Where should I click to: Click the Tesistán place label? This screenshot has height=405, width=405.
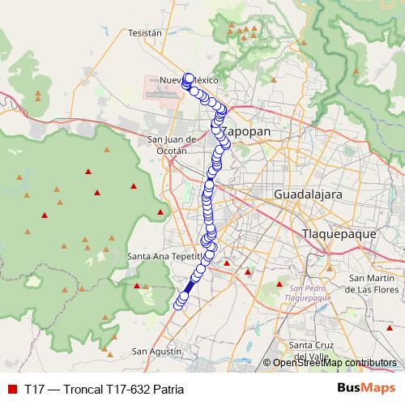click(x=146, y=33)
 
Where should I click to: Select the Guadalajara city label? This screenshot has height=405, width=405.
click(x=308, y=195)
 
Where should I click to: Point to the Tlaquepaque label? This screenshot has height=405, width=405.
click(x=339, y=233)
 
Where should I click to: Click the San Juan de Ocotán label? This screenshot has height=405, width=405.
click(x=173, y=144)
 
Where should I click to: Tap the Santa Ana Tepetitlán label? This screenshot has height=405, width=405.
click(x=163, y=256)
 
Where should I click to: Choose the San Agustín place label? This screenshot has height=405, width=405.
click(x=156, y=352)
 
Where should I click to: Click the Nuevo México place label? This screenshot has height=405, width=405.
click(x=188, y=81)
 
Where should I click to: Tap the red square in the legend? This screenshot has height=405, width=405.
click(x=11, y=389)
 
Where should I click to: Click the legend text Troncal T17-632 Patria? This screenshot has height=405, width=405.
click(x=104, y=389)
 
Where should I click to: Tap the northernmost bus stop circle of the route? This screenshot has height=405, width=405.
click(x=189, y=79)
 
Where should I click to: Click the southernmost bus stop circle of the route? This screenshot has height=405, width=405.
click(x=178, y=305)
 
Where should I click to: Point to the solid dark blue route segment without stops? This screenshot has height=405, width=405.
click(x=190, y=285)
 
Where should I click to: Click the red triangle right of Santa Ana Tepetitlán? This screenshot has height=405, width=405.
click(x=228, y=262)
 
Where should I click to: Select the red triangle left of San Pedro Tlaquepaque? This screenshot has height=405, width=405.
click(x=279, y=284)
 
